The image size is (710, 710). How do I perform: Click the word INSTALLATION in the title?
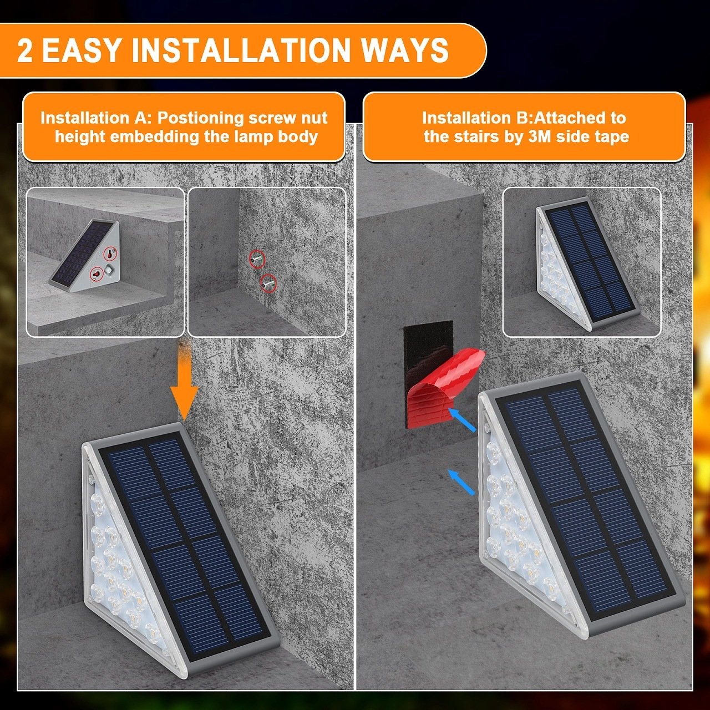pos(242,50)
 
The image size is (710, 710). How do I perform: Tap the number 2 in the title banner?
pos(25,51)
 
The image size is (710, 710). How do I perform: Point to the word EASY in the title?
pos(81,51)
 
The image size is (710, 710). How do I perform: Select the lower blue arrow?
pos(461,481)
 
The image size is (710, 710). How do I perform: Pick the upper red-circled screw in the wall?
pos(256,258)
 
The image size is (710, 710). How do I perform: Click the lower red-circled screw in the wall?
pos(268,283)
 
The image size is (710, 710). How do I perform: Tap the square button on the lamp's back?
pos(109,270)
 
